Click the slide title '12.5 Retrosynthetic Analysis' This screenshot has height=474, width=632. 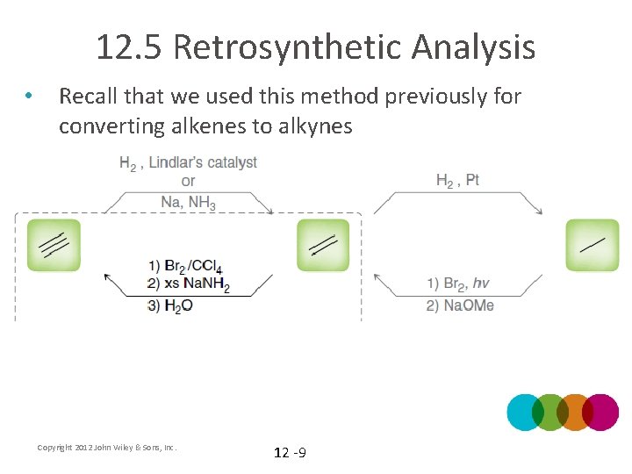[x=315, y=47]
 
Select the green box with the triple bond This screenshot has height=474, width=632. [x=54, y=245]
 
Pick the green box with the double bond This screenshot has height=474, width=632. [x=323, y=245]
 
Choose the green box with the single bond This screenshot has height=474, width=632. [x=592, y=245]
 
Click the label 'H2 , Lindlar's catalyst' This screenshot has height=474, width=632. [x=188, y=162]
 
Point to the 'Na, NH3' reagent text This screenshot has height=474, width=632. [x=188, y=202]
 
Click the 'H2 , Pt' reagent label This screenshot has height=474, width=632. [x=457, y=181]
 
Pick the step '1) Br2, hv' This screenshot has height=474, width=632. [x=458, y=284]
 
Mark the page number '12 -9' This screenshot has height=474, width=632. [x=290, y=453]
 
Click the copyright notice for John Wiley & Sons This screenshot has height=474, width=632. [x=107, y=448]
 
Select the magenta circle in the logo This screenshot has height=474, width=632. [x=601, y=412]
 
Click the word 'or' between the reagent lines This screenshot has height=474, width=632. [x=188, y=182]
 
